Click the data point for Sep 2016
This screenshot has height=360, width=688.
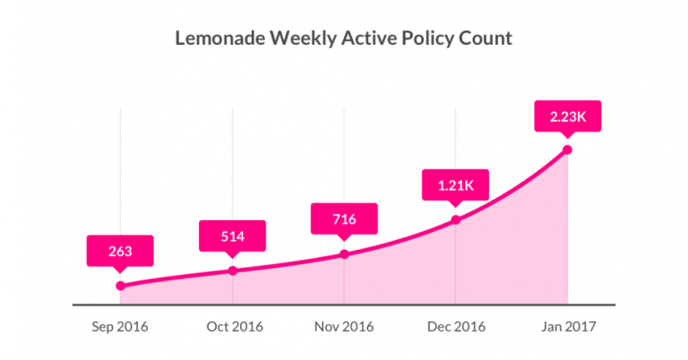(120, 286)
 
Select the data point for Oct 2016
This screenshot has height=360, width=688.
(233, 270)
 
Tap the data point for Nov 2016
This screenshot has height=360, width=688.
(344, 254)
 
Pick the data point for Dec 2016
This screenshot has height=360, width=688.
(456, 219)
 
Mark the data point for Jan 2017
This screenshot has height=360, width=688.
(567, 150)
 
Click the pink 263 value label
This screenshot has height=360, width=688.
(120, 251)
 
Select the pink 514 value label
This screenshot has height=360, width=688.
(233, 236)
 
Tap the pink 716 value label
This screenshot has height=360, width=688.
(344, 219)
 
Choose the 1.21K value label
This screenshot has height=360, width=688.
(456, 184)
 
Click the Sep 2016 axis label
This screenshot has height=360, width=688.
(120, 327)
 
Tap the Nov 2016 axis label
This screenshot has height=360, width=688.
(344, 327)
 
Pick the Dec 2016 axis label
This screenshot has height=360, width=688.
(456, 327)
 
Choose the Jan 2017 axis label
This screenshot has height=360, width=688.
(567, 327)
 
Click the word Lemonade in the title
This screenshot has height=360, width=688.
(219, 39)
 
